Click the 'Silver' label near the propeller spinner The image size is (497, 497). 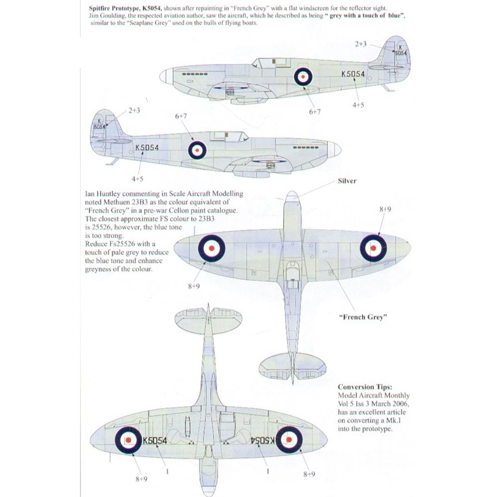click(x=347, y=181)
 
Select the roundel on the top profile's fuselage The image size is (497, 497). click(x=303, y=76)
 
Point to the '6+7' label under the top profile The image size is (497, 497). click(x=314, y=111)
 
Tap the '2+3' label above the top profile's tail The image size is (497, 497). click(x=361, y=44)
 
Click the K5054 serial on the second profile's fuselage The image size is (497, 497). click(x=147, y=148)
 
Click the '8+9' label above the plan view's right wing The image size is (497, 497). click(x=385, y=210)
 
